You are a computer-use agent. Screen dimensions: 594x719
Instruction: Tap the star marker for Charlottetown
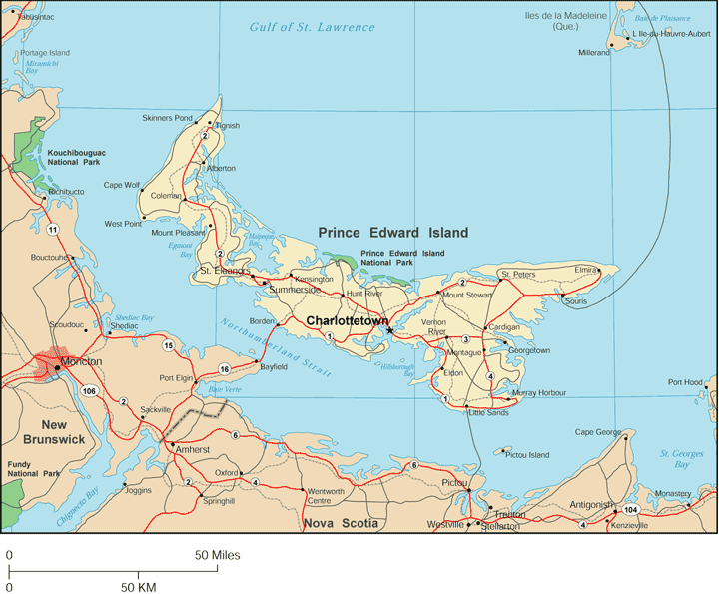click(390, 330)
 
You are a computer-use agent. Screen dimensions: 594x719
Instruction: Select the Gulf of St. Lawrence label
click(313, 27)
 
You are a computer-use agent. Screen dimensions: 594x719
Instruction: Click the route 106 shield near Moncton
click(91, 390)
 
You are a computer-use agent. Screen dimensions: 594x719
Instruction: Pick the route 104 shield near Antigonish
click(629, 510)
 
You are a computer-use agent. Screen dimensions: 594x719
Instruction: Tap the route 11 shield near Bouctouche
click(51, 230)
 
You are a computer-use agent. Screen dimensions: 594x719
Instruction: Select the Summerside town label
click(295, 290)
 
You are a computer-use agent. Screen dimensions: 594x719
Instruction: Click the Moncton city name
click(81, 361)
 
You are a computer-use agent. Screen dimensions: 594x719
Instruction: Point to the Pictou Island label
click(527, 455)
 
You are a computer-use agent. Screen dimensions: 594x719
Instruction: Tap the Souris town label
click(576, 300)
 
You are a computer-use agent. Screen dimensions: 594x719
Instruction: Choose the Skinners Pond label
click(167, 118)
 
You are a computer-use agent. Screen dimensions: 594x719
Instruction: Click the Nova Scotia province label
click(341, 522)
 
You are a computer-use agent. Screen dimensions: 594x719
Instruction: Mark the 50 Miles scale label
click(217, 554)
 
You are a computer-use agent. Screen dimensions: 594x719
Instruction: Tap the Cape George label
click(596, 432)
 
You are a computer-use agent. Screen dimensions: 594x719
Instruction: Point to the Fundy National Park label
click(34, 469)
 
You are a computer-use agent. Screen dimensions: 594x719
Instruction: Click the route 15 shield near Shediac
click(168, 345)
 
